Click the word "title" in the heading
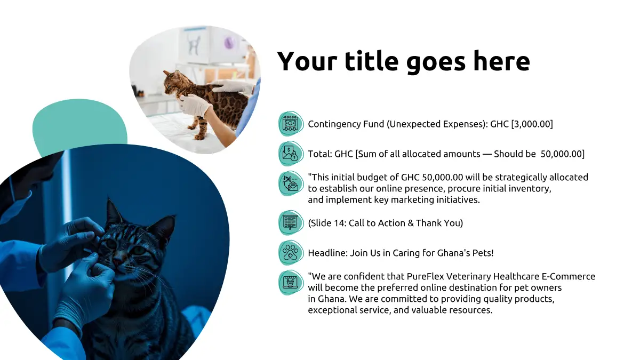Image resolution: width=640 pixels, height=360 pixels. (x=371, y=61)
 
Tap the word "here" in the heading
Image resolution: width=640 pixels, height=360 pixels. (x=502, y=61)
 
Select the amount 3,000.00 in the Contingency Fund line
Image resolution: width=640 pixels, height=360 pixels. (x=532, y=124)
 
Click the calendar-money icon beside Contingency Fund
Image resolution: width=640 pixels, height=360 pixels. (x=291, y=124)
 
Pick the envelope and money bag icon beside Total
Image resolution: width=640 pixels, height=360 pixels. (x=291, y=154)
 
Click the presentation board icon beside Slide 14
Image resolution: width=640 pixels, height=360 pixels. (x=291, y=223)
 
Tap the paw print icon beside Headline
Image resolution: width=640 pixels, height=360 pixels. (x=291, y=253)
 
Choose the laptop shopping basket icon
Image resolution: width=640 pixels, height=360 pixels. (x=291, y=283)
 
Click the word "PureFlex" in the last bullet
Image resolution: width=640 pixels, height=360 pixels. (x=425, y=277)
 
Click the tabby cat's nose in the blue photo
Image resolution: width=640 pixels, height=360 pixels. (x=117, y=261)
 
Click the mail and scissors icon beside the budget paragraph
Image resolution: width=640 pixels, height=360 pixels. (x=291, y=183)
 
